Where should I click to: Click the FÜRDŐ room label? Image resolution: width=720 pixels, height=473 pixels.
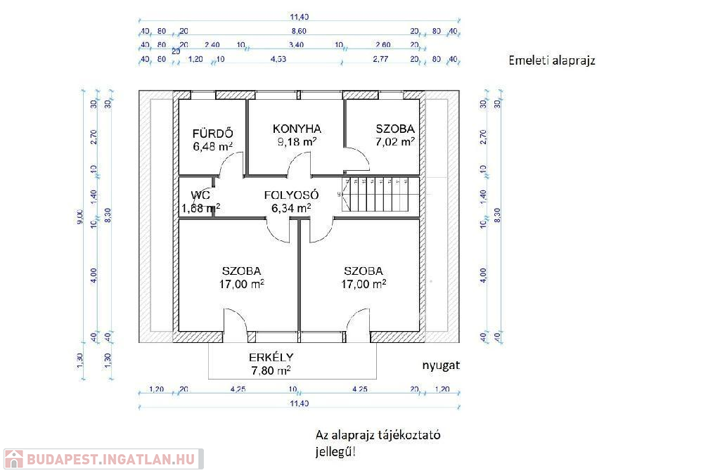coord(212,134)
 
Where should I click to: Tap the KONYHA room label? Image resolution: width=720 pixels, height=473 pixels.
coord(297,129)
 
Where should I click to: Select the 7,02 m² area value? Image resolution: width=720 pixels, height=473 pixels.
coord(394,141)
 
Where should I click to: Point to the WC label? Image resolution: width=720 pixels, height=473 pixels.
coord(200,195)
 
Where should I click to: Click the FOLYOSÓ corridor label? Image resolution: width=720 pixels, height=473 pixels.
coord(292,195)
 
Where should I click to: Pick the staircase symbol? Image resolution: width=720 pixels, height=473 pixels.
coord(375,195)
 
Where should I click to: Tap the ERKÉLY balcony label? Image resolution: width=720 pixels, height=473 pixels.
coord(271,356)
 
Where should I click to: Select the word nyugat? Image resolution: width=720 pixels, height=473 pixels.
coord(441,366)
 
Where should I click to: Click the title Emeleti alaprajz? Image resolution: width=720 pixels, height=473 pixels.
coord(552,60)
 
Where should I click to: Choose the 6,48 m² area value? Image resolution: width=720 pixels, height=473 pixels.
coord(212,146)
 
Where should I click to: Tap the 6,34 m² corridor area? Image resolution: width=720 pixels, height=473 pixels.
coord(291,208)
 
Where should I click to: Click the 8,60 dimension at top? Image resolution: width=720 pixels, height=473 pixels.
coord(299,32)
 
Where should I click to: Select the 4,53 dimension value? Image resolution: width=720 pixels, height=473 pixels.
coord(279,60)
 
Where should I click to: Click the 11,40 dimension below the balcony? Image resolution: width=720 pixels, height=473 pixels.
coord(299,403)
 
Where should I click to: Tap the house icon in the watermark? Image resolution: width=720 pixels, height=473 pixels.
coord(13,459)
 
